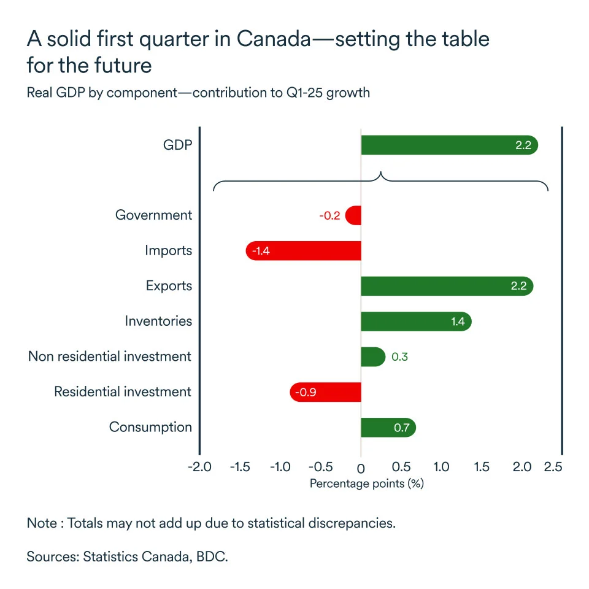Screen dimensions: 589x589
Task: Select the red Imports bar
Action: [303, 251]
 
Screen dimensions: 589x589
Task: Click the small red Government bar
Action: [353, 215]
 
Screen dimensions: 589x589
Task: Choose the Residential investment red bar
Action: [325, 392]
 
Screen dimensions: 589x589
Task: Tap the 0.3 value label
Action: [399, 357]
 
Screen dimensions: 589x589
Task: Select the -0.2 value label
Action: [329, 216]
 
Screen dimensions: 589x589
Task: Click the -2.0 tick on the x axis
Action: [200, 468]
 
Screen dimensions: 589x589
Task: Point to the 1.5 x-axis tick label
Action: [482, 468]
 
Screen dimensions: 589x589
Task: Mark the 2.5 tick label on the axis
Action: [552, 468]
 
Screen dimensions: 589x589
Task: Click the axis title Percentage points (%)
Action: [366, 483]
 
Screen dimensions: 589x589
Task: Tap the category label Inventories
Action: [158, 321]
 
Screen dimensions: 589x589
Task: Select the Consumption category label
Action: [150, 428]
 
